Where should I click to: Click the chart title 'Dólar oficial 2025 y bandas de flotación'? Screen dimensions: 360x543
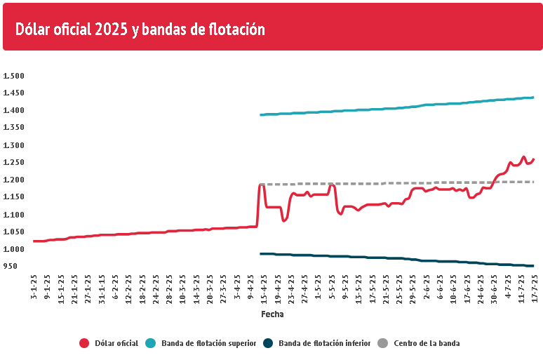[x=140, y=29]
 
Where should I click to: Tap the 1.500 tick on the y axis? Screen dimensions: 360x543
[x=13, y=76]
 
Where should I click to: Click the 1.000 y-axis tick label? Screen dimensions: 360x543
[x=13, y=249]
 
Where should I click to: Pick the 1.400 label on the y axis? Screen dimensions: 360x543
[x=13, y=110]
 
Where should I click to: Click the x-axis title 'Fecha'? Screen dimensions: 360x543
[x=272, y=314]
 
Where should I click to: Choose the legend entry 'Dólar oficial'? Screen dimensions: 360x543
[x=116, y=343]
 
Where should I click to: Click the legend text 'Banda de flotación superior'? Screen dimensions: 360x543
[x=208, y=343]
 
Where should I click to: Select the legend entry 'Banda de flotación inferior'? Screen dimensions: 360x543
[x=320, y=343]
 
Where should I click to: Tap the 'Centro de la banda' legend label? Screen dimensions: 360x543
[x=427, y=343]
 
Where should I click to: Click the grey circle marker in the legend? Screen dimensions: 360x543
[x=382, y=343]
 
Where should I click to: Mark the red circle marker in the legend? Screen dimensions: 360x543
[x=84, y=343]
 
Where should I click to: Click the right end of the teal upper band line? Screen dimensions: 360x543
[x=533, y=98]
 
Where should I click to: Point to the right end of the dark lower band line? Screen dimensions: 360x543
[x=533, y=265]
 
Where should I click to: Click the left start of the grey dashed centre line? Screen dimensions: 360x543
[x=261, y=185]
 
